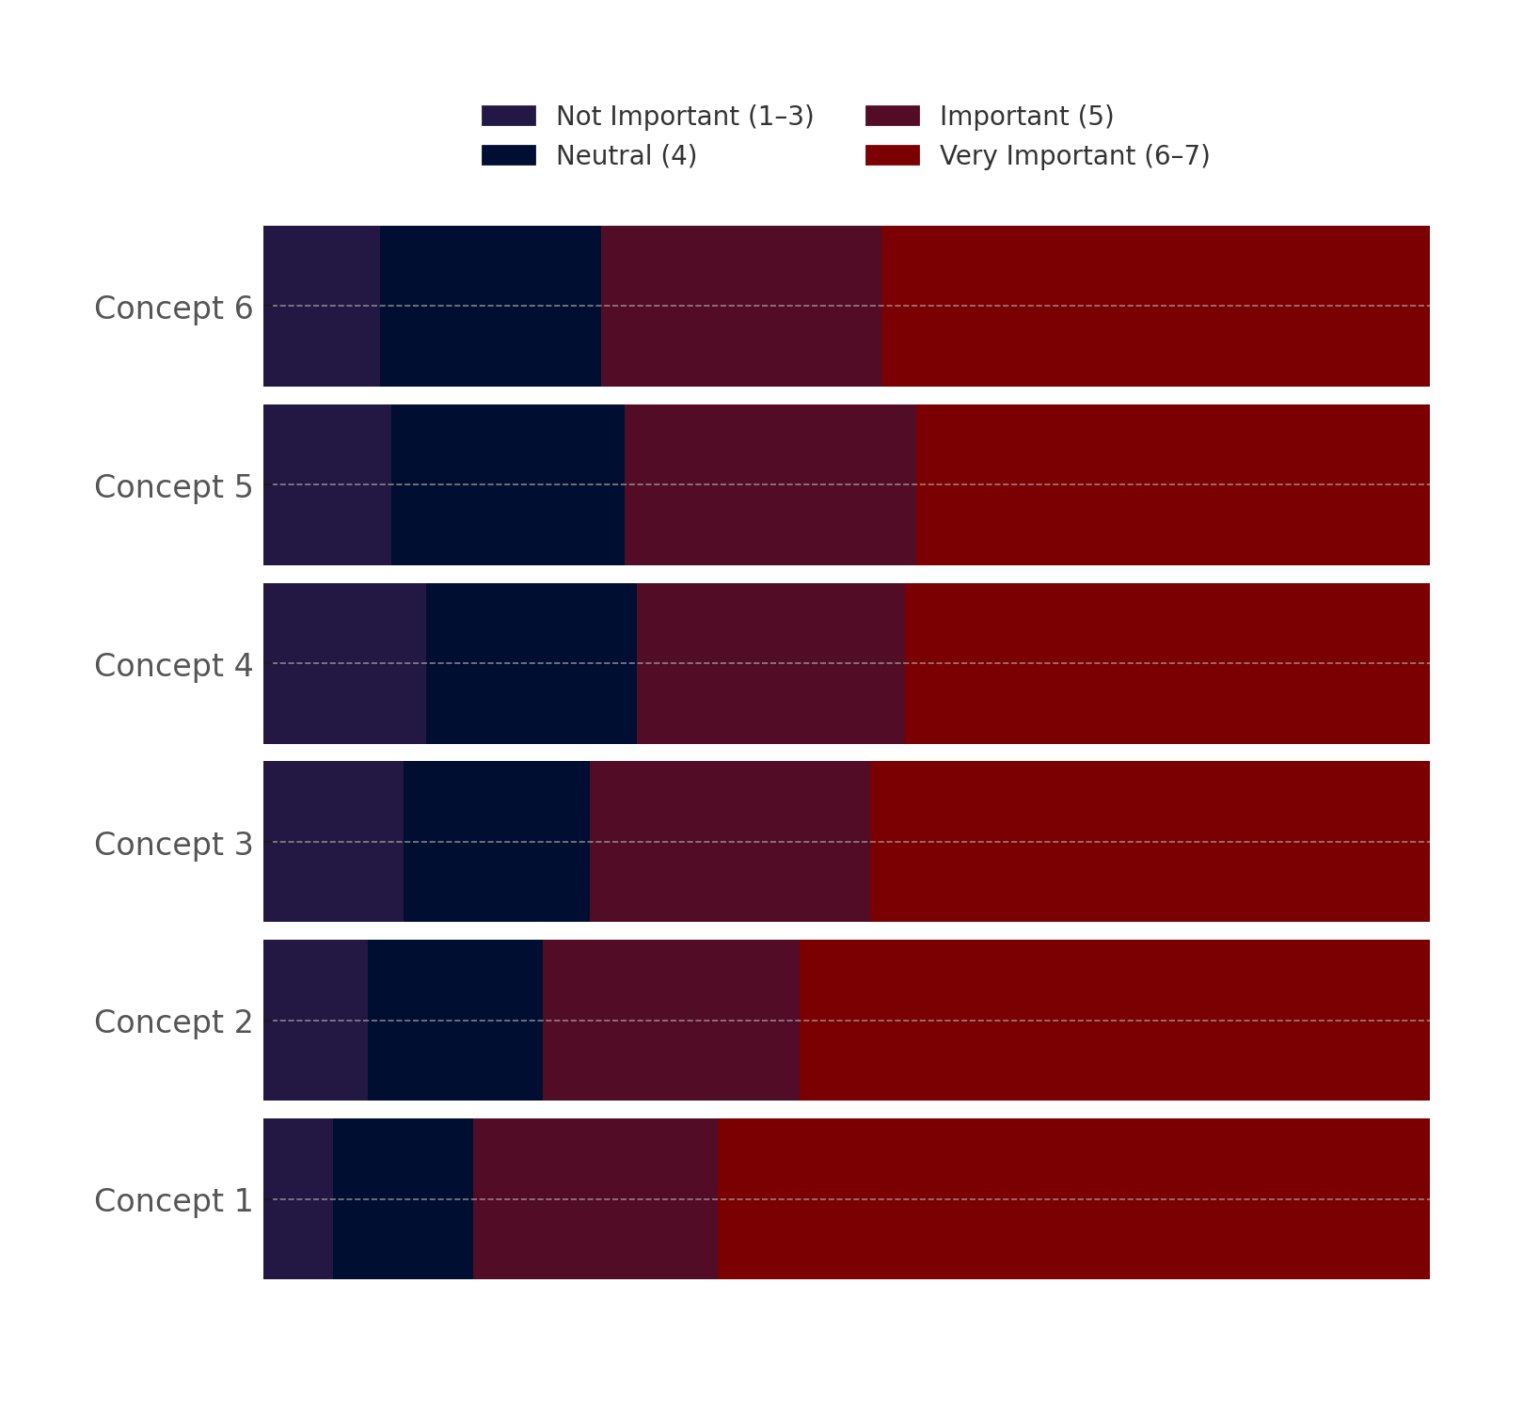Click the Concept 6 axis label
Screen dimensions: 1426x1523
click(x=173, y=308)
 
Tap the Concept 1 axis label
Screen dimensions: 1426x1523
click(x=173, y=1200)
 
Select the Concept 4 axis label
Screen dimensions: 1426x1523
click(x=173, y=665)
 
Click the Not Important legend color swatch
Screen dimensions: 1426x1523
click(x=508, y=116)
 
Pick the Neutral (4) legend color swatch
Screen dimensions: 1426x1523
click(x=508, y=155)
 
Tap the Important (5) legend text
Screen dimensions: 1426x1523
click(x=1026, y=116)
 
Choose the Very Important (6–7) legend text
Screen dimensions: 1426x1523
click(x=1074, y=155)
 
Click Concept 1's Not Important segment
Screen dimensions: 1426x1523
click(x=298, y=1198)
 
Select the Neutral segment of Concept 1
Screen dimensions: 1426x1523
click(x=403, y=1198)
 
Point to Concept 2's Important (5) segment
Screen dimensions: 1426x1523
click(x=671, y=1020)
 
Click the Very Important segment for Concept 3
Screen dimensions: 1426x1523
click(x=1150, y=841)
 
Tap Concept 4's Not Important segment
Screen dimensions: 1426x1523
click(x=344, y=663)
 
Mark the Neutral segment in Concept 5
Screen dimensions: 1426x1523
click(x=508, y=484)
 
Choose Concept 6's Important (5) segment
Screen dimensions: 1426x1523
click(x=741, y=306)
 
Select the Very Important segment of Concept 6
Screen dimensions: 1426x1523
click(x=1155, y=306)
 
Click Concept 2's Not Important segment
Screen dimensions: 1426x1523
click(x=315, y=1020)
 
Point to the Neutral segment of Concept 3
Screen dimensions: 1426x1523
click(x=497, y=841)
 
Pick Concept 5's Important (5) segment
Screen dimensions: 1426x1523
click(x=770, y=484)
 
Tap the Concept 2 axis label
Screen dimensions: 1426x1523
click(x=173, y=1022)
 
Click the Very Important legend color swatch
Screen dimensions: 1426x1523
click(x=892, y=155)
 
